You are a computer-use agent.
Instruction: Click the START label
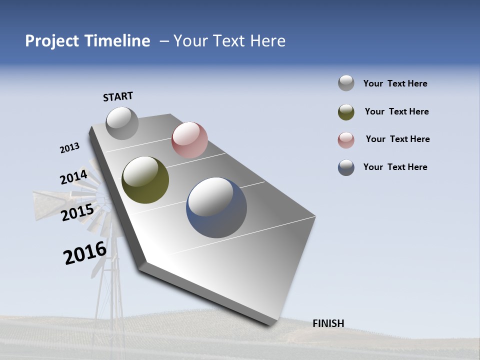(118, 96)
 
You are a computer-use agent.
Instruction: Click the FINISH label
(328, 323)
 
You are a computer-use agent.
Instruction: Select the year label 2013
(69, 148)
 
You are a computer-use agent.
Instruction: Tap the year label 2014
(73, 177)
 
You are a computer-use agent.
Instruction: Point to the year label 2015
(77, 212)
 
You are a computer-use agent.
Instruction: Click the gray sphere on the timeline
(122, 123)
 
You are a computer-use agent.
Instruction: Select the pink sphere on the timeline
(189, 139)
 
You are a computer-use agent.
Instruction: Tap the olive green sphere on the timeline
(145, 180)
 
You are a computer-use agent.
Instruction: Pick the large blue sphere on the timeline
(216, 207)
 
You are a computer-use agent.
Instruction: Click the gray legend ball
(346, 83)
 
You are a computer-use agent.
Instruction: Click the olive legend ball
(346, 112)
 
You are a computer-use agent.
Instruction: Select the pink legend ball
(346, 140)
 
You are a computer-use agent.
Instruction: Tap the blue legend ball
(346, 167)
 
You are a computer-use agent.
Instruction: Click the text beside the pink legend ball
(397, 139)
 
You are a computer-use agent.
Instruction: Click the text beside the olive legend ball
(396, 111)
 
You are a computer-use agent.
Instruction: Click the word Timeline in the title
(117, 41)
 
